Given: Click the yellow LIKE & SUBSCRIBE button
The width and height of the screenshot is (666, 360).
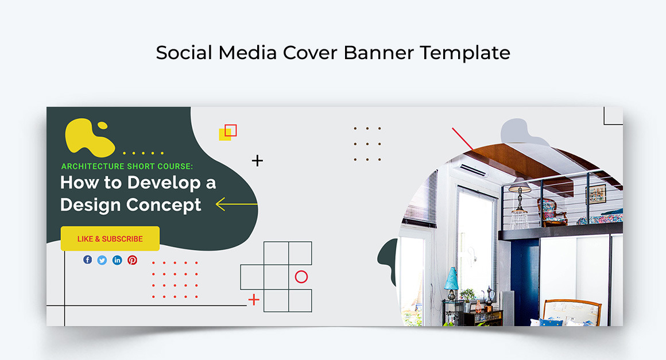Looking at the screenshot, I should (x=110, y=239).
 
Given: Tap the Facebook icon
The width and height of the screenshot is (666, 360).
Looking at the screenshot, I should (x=87, y=260).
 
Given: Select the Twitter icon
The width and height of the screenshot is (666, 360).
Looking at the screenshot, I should (x=102, y=260).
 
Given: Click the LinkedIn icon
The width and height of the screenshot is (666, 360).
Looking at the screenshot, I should (x=117, y=260).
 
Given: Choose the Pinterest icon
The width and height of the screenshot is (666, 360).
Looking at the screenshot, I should (x=133, y=260).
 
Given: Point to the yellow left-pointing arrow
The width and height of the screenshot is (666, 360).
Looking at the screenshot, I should (x=236, y=204).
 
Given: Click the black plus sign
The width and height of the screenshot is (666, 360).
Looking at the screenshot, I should (x=257, y=161).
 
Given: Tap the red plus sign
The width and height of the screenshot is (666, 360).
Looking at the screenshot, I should (x=254, y=299).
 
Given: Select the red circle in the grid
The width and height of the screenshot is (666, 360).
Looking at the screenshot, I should (x=301, y=277).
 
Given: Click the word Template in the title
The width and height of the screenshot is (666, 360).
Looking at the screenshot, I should (x=464, y=53).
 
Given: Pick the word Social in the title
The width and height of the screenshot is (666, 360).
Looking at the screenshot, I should (x=184, y=53).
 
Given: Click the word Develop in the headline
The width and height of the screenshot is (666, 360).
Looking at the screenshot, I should (x=158, y=183).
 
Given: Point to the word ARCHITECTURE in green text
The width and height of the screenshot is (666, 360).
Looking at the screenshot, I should (x=92, y=167).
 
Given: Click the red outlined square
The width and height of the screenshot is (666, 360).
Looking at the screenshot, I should (x=231, y=130).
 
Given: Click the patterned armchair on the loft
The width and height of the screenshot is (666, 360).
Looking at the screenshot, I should (x=550, y=211).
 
